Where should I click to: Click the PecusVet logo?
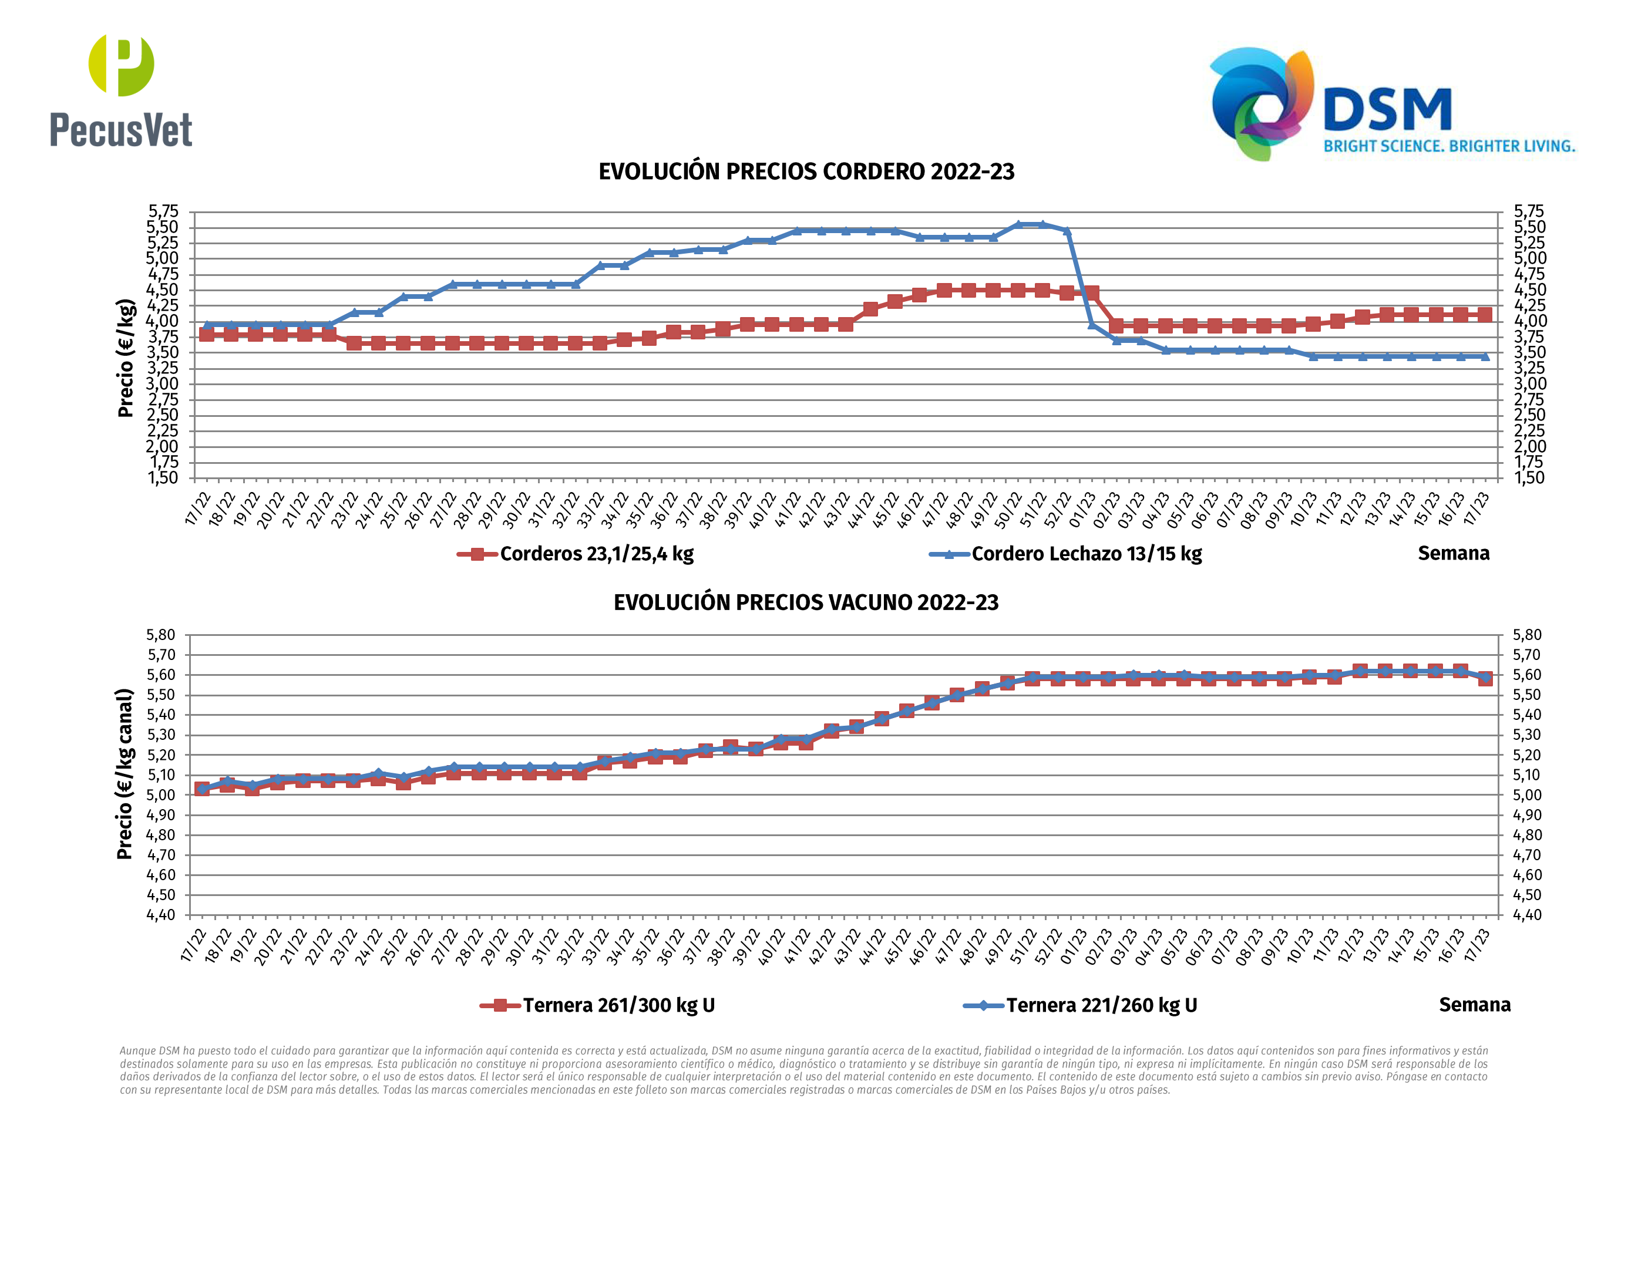pos(121,90)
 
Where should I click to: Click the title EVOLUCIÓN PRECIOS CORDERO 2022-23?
pos(806,172)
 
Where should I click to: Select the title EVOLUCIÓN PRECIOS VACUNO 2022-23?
pos(806,603)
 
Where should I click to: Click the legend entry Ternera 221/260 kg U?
pos(1101,1006)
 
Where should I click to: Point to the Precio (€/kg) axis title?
pos(126,358)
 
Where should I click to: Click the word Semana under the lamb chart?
pos(1454,554)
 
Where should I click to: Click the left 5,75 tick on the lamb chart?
pos(163,211)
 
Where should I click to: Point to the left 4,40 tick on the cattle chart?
pos(161,915)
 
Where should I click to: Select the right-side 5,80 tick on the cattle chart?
pos(1526,635)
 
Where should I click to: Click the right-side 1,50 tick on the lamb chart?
pos(1529,477)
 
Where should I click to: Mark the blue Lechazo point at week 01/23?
pos(1092,325)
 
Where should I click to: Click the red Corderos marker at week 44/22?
pos(870,309)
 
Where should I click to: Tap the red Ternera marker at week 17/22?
pos(202,789)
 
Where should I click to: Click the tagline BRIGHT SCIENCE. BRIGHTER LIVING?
pos(1449,146)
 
